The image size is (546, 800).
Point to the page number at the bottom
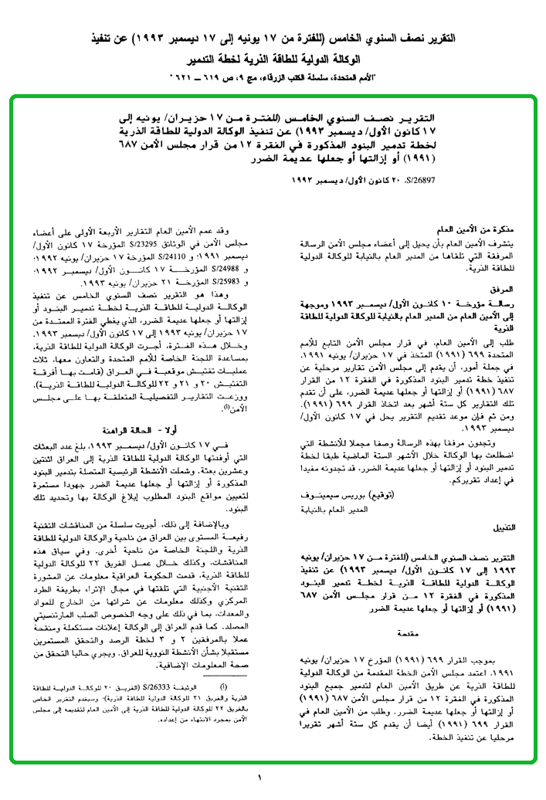[x=260, y=776]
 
